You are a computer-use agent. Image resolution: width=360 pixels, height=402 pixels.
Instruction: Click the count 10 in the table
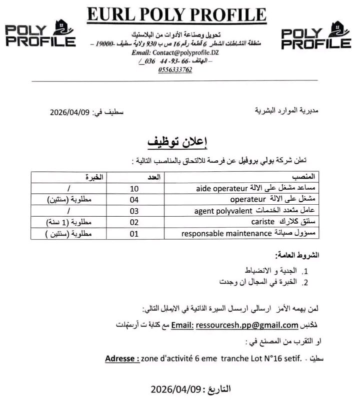pyautogui.click(x=134, y=189)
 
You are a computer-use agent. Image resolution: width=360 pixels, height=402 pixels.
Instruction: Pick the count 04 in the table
pyautogui.click(x=134, y=200)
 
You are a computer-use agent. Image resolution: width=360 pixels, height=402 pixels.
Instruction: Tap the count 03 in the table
pyautogui.click(x=133, y=211)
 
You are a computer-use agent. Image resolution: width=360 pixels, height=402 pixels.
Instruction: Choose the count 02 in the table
pyautogui.click(x=133, y=222)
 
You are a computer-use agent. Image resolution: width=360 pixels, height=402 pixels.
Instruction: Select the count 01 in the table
pyautogui.click(x=133, y=233)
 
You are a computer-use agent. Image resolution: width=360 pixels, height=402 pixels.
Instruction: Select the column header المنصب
pyautogui.click(x=306, y=178)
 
